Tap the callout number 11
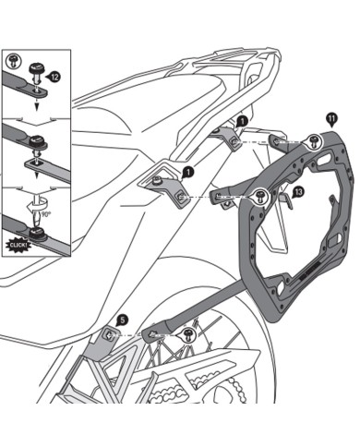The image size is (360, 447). coord(331,116)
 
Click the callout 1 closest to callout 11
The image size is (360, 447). coord(242,121)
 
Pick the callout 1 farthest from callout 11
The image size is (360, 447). coord(187,172)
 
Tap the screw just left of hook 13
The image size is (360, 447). coord(261,195)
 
